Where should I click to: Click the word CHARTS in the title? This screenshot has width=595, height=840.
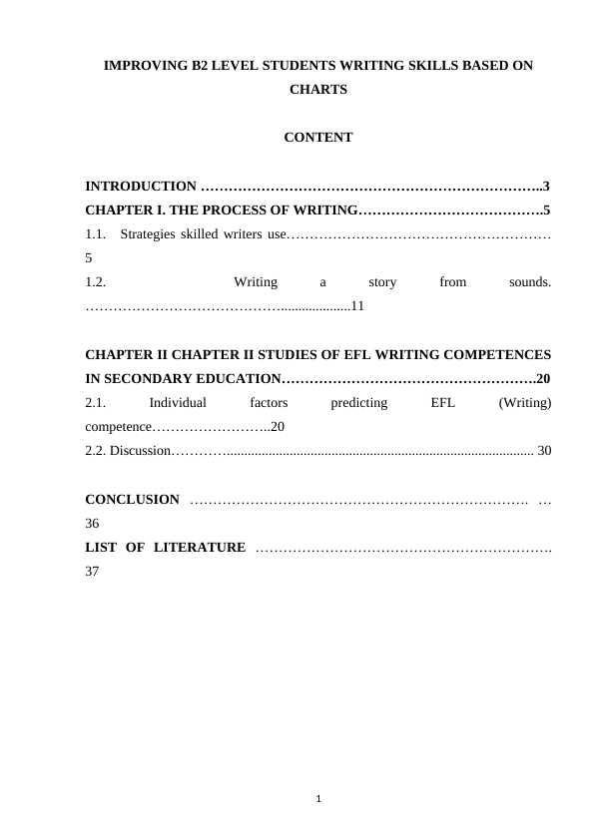[317, 89]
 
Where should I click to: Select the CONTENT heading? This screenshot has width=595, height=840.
[317, 138]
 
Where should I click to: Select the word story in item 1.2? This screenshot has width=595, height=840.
[382, 282]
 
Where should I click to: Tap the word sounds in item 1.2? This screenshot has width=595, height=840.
[529, 282]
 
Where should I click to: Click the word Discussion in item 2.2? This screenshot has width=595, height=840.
[139, 452]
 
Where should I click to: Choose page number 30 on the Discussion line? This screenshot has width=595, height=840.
[544, 452]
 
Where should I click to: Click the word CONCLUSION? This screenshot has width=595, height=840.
[133, 500]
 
